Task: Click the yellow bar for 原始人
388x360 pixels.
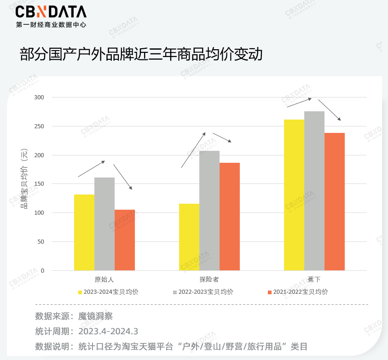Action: coord(84,232)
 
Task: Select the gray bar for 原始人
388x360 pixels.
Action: coord(104,224)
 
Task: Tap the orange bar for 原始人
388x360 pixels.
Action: coord(125,240)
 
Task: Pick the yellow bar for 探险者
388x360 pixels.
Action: coord(189,237)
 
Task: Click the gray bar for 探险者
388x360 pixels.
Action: coord(209,211)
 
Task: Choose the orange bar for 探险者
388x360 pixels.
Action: coord(230,217)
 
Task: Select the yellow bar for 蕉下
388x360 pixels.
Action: coord(294,195)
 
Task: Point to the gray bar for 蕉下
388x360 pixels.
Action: coord(314,191)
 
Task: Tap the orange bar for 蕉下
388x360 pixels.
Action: coord(335,201)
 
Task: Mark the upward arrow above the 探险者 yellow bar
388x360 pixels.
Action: coord(193,150)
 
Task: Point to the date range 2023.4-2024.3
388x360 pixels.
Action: coord(108,331)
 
